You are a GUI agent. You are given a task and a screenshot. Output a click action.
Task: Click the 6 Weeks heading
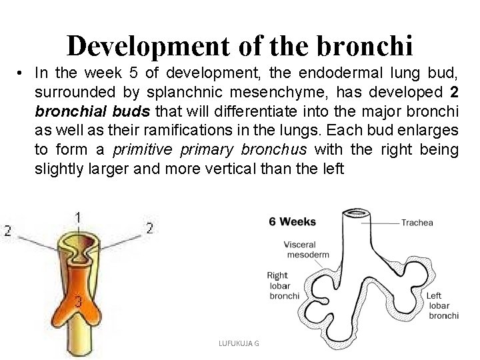click(293, 221)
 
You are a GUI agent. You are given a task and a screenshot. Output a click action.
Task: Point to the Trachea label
click(418, 223)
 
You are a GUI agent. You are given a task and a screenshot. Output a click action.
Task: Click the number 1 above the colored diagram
click(79, 217)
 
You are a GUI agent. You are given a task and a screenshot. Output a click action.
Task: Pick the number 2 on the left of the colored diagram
click(7, 231)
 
